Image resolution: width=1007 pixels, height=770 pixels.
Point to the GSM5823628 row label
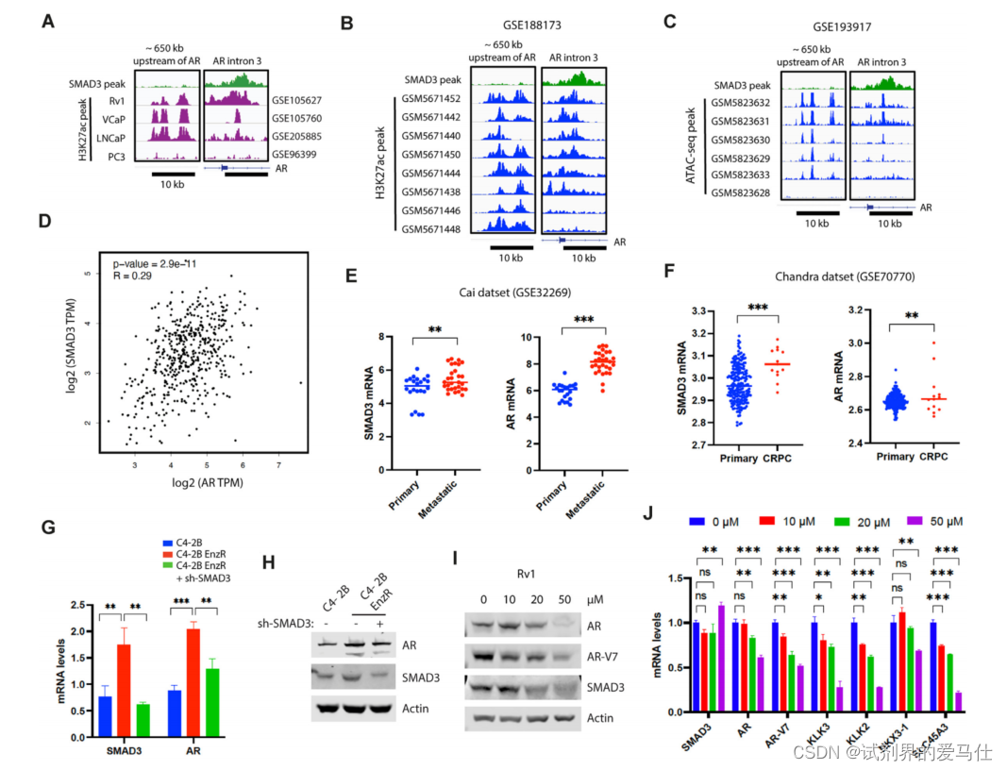pos(743,192)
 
